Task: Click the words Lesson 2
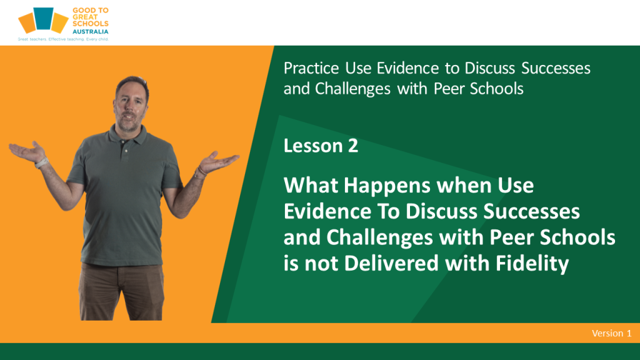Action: pyautogui.click(x=321, y=146)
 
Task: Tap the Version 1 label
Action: pyautogui.click(x=611, y=334)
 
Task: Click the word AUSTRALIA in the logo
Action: pyautogui.click(x=90, y=31)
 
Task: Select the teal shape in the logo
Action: pyautogui.click(x=43, y=18)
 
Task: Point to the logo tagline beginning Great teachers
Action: pyautogui.click(x=63, y=39)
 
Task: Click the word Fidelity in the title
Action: pyautogui.click(x=532, y=263)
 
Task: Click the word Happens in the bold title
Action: pyautogui.click(x=387, y=186)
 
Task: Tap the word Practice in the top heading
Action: pyautogui.click(x=311, y=68)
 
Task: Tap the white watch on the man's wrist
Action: pyautogui.click(x=41, y=163)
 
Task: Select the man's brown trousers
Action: pyautogui.click(x=121, y=291)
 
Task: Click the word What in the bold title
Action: pyautogui.click(x=311, y=185)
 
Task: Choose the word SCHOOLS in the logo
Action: pyautogui.click(x=90, y=24)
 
